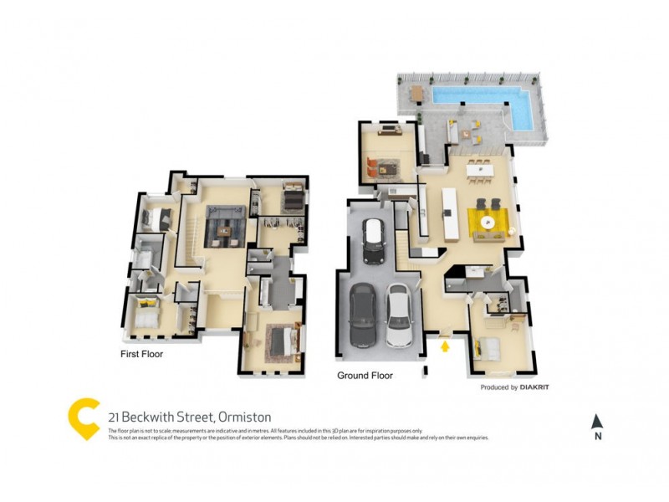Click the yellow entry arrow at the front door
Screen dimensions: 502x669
pyautogui.click(x=445, y=344)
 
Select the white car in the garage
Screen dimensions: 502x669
pyautogui.click(x=398, y=315)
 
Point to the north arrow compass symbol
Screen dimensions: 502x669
pyautogui.click(x=596, y=422)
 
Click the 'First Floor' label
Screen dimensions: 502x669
pyautogui.click(x=142, y=354)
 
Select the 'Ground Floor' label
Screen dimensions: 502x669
pyautogui.click(x=365, y=376)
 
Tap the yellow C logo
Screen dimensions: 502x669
pyautogui.click(x=84, y=418)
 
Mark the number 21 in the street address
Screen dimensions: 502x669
pyautogui.click(x=113, y=417)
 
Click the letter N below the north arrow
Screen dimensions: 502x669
pyautogui.click(x=596, y=436)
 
